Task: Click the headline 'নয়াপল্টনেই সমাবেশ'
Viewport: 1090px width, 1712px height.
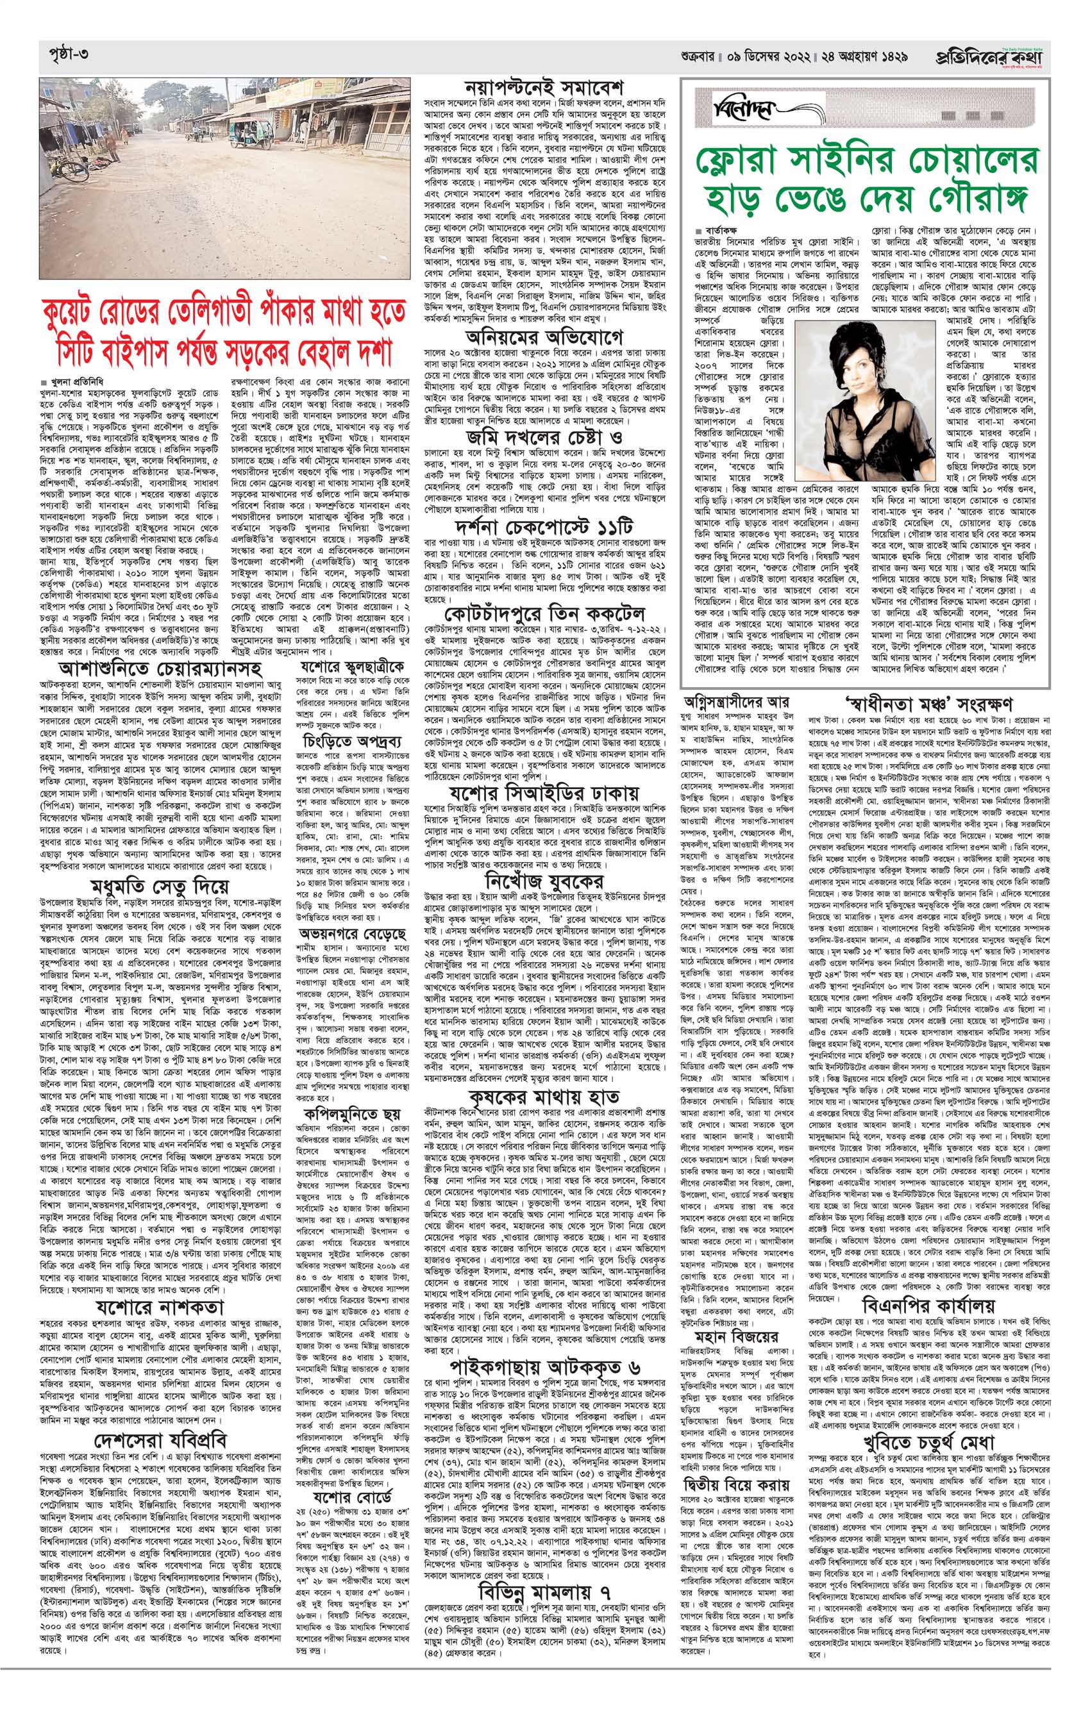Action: click(544, 89)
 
